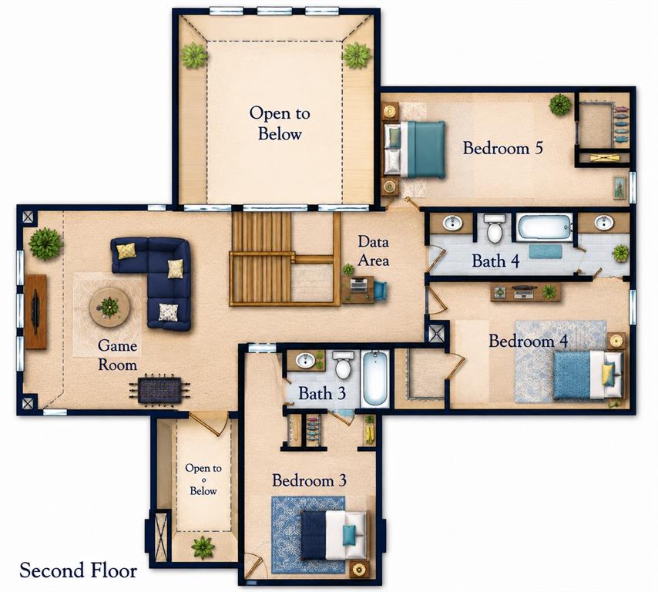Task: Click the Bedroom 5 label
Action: (502, 148)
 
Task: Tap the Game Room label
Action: (117, 355)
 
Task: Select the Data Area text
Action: (373, 251)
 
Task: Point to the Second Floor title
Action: (79, 571)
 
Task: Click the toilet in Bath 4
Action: (495, 228)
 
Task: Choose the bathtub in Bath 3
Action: (374, 378)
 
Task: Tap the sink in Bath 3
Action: (306, 360)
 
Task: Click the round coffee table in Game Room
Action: (109, 308)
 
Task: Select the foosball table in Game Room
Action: (159, 391)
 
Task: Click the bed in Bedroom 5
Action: (415, 149)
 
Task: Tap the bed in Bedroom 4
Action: (587, 375)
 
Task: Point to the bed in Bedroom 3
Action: (334, 535)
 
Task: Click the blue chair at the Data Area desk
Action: (381, 291)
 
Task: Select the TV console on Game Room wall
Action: (35, 311)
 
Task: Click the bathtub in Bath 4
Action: (544, 227)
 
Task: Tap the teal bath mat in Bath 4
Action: (545, 252)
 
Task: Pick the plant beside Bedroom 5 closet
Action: (560, 105)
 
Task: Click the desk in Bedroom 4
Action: (525, 292)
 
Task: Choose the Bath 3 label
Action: (322, 394)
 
